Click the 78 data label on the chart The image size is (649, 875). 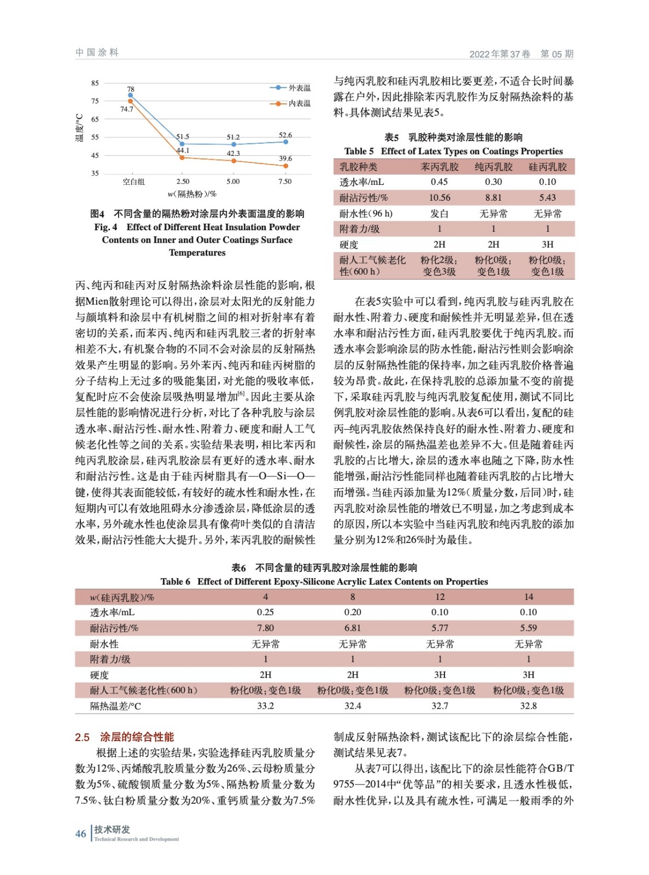click(x=131, y=89)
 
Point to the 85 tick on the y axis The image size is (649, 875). click(x=95, y=83)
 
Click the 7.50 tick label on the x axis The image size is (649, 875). click(x=285, y=182)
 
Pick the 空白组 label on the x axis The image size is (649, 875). click(x=133, y=182)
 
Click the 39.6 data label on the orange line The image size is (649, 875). click(x=285, y=159)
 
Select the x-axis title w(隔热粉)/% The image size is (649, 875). click(x=192, y=194)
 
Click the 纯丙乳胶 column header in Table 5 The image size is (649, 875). click(x=493, y=167)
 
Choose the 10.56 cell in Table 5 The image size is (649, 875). click(x=440, y=197)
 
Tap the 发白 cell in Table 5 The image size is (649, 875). click(x=439, y=213)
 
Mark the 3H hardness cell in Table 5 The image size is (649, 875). click(x=547, y=244)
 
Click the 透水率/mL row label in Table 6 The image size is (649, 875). click(x=112, y=612)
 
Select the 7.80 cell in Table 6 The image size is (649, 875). click(x=265, y=628)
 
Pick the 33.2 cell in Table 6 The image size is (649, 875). click(x=265, y=706)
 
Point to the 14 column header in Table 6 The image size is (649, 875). click(x=528, y=597)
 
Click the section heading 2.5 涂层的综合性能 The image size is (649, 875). click(x=125, y=737)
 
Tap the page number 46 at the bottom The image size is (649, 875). click(x=80, y=833)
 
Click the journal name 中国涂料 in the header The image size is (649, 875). click(x=97, y=52)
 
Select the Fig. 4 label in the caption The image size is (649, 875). click(x=106, y=227)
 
